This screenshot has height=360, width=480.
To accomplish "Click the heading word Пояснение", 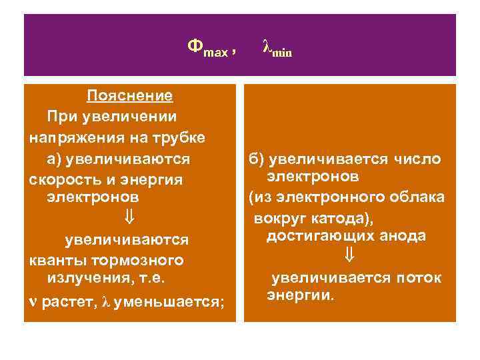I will click(x=130, y=96).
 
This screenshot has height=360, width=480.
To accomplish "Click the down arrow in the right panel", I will click(x=349, y=255).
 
